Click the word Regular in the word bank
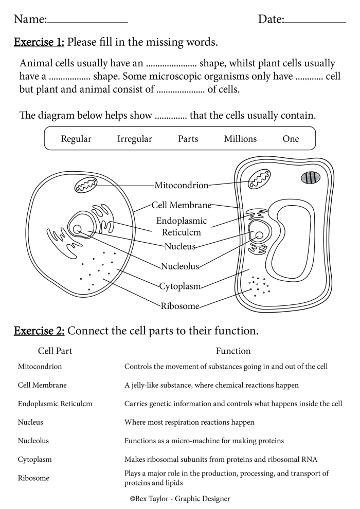point(76,139)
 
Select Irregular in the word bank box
point(135,139)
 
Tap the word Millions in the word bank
point(240,139)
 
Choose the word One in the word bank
point(291,139)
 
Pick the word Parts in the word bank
point(188,139)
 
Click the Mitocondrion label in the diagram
point(182,185)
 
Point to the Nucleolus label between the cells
point(180,266)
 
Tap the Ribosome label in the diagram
point(180,306)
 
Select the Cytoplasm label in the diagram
point(180,286)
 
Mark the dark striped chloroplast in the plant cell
point(311,178)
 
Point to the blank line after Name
point(87,22)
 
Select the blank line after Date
point(315,22)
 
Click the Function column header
point(233,351)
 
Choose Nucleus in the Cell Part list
point(30,422)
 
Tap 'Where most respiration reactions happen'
point(189,422)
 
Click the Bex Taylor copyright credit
point(179,498)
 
